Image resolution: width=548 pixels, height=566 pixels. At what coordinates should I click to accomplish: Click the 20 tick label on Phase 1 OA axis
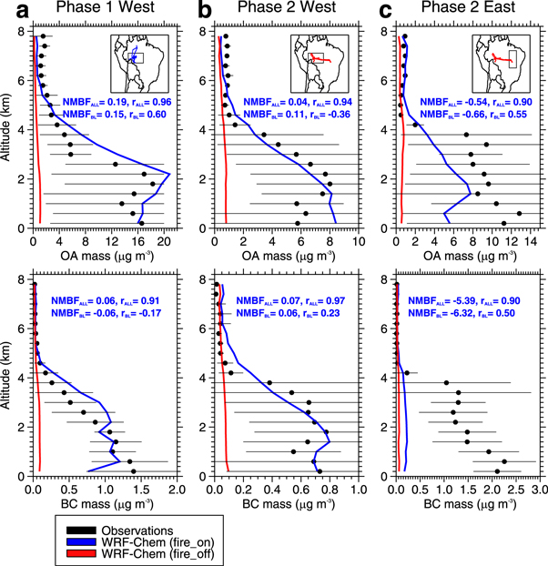tap(165, 241)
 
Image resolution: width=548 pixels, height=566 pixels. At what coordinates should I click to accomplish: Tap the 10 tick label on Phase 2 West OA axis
tap(358, 241)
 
